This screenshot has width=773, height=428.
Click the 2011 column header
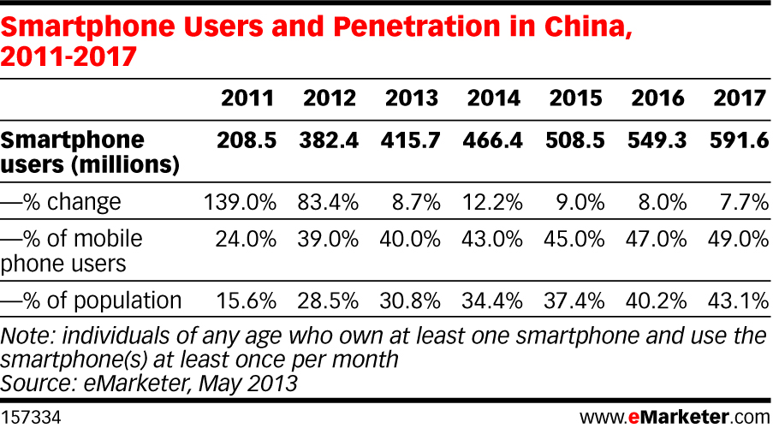tap(248, 98)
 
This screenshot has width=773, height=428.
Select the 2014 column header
tap(493, 98)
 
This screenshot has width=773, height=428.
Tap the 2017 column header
tap(740, 98)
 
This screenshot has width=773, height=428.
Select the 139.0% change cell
tap(241, 203)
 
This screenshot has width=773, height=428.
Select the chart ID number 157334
tap(31, 417)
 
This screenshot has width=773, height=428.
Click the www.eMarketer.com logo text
tap(675, 417)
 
